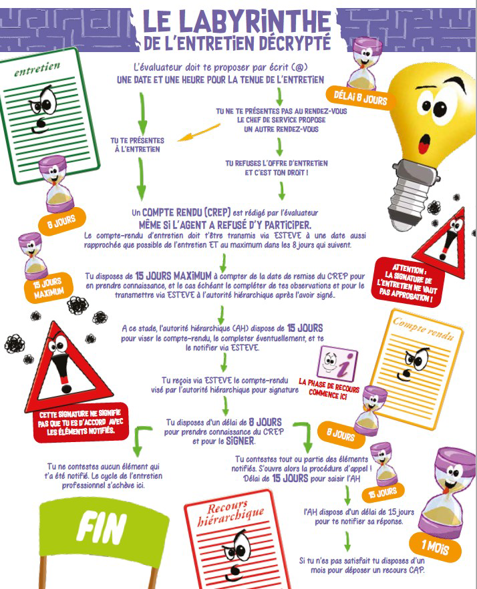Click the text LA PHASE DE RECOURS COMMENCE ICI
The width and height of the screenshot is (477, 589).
329,388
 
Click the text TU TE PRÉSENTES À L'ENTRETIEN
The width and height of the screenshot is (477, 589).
135,146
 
